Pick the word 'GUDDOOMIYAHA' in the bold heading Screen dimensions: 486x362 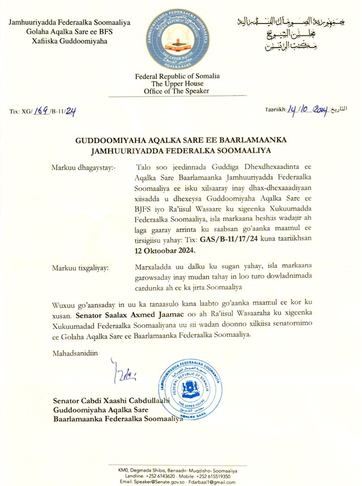pos(108,141)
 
